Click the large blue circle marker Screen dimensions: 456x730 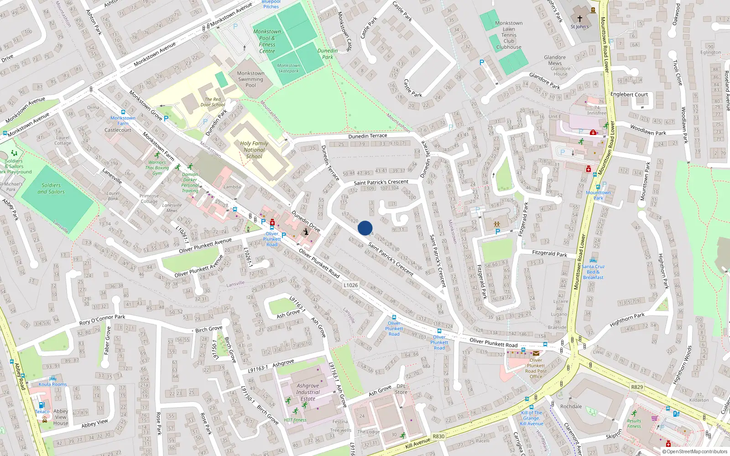tap(365, 228)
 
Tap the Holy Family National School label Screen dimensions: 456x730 tap(254, 150)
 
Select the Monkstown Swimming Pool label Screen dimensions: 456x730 tap(250, 79)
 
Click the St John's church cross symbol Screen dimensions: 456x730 tap(580, 19)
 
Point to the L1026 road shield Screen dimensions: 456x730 tap(350, 285)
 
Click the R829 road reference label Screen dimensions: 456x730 tap(637, 387)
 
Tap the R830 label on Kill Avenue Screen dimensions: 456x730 tap(438, 436)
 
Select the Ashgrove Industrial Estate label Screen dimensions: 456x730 tap(308, 392)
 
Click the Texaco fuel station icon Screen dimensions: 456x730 tap(42, 404)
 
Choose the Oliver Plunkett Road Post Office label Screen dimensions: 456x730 tap(536, 368)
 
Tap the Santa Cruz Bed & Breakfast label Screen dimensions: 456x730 tap(593, 272)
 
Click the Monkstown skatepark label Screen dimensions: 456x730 tap(289, 68)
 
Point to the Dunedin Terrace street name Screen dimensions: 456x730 tap(367, 136)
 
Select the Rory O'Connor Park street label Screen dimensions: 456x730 tap(102, 319)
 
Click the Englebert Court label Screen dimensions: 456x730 tap(629, 94)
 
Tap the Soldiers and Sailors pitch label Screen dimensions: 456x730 tap(51, 188)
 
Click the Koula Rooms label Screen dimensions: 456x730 tap(52, 384)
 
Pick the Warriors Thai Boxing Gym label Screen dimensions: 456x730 tap(157, 167)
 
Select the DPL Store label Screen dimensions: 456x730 tap(401, 389)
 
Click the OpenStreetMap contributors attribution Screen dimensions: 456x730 tap(694, 452)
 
